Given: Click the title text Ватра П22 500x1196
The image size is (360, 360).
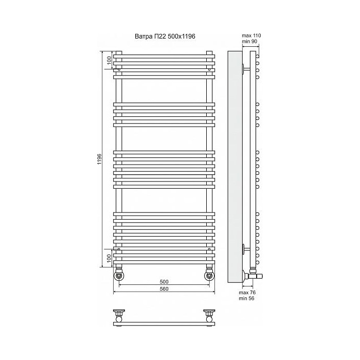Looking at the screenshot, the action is [165, 37].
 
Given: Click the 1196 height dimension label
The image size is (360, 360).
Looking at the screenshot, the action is [99, 159].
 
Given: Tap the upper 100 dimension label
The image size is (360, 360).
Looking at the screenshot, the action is [109, 60].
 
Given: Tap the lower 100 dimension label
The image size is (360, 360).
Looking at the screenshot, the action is [109, 258].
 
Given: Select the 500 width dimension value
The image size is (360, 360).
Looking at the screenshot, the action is [164, 282].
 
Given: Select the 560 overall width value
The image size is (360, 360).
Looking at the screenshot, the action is [164, 289].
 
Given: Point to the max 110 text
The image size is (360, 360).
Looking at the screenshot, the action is [251, 35].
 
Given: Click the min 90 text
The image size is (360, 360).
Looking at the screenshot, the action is [249, 41].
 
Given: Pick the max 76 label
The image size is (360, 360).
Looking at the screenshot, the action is [247, 293].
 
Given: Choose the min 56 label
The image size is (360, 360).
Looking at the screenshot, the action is [246, 298].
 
